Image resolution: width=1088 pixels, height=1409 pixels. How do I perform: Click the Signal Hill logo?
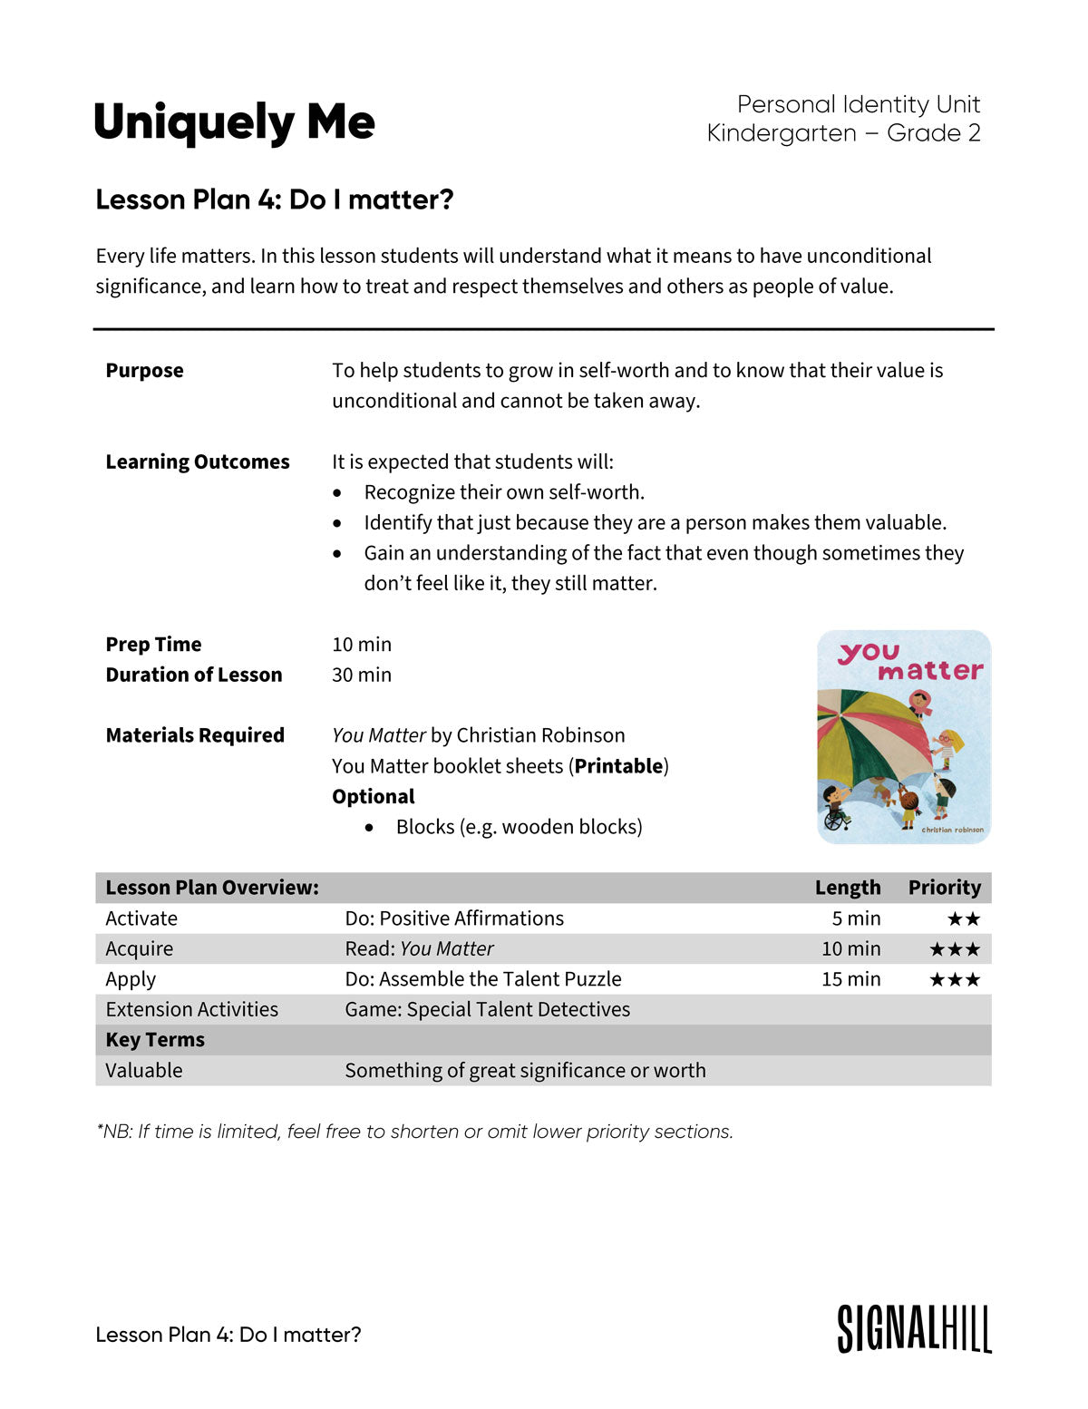pyautogui.click(x=914, y=1329)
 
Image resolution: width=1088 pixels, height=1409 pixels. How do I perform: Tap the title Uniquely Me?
pyautogui.click(x=234, y=122)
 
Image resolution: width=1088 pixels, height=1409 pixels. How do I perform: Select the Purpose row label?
pyautogui.click(x=144, y=370)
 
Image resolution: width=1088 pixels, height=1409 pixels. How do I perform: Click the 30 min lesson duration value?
pyautogui.click(x=362, y=675)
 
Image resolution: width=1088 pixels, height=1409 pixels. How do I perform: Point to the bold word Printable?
pyautogui.click(x=618, y=766)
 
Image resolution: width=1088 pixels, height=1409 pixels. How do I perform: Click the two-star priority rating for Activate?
pyautogui.click(x=964, y=918)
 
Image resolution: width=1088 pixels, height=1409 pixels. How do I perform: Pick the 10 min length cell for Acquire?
pyautogui.click(x=850, y=948)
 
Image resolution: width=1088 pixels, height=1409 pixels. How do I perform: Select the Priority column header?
pyautogui.click(x=944, y=888)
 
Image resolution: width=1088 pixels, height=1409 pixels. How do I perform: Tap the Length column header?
pyautogui.click(x=847, y=888)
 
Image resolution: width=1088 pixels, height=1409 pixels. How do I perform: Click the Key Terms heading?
pyautogui.click(x=155, y=1040)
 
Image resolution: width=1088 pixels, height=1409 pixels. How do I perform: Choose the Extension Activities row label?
pyautogui.click(x=191, y=1009)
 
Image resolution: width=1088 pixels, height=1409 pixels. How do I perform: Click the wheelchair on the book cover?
pyautogui.click(x=834, y=818)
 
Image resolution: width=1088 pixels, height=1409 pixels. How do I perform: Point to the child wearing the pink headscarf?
pyautogui.click(x=920, y=703)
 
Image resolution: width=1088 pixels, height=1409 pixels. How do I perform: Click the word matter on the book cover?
pyautogui.click(x=929, y=672)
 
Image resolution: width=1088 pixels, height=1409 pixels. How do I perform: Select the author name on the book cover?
pyautogui.click(x=952, y=830)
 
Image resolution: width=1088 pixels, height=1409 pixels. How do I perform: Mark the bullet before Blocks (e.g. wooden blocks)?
pyautogui.click(x=369, y=828)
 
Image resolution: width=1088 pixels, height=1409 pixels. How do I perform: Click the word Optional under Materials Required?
pyautogui.click(x=373, y=796)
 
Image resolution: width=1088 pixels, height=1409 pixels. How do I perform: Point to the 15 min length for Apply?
pyautogui.click(x=850, y=979)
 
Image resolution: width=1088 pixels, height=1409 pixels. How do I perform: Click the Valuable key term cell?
pyautogui.click(x=143, y=1070)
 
